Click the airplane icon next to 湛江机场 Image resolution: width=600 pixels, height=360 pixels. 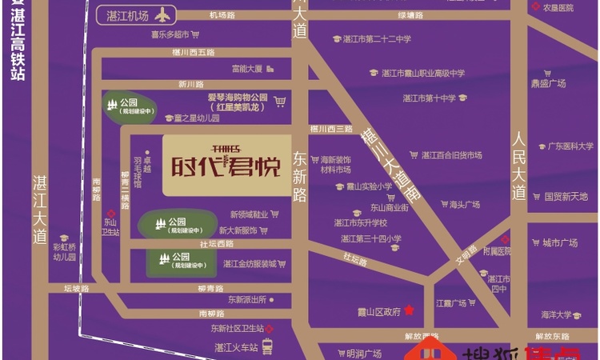point(164,14)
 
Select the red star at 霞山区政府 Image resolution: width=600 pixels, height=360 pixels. point(410,310)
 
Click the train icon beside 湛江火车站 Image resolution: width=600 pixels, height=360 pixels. point(266,346)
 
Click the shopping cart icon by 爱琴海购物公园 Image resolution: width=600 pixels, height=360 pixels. point(279,102)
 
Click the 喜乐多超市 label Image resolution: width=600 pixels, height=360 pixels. point(170,34)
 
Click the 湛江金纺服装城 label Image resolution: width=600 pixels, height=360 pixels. point(250,264)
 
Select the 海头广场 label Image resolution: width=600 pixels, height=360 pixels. point(465,205)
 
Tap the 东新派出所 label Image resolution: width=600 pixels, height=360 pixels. point(246,299)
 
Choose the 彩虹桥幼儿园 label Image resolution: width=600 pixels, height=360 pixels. point(63,252)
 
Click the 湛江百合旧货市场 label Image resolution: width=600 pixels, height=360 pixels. point(452,154)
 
